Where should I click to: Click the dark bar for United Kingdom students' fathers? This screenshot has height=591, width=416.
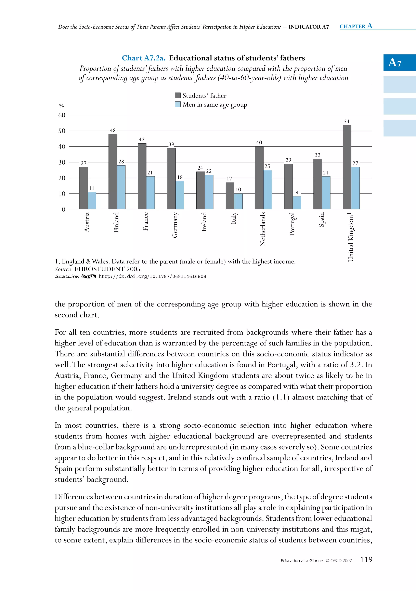point(347,167)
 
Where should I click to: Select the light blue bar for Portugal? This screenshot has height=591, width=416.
point(297,203)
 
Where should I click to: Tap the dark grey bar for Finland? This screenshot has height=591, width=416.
point(113,172)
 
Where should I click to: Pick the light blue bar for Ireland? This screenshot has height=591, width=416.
point(209,192)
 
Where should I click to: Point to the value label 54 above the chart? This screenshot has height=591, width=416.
point(347,121)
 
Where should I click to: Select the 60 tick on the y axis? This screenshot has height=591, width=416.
point(62,115)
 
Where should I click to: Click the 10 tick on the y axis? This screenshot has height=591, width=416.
point(62,194)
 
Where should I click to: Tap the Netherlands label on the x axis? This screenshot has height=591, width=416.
point(263,229)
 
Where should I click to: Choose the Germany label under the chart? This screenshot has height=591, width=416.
point(175,225)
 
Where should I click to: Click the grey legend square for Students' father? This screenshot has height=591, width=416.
point(178,95)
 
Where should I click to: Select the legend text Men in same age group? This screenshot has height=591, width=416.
point(215,105)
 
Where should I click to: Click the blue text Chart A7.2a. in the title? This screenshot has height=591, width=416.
point(143,58)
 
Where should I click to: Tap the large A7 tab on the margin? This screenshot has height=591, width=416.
point(395,63)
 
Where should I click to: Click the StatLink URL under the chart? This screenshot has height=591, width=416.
point(152,276)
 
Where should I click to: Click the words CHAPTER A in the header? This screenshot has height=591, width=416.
point(356,26)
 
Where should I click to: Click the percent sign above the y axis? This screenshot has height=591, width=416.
point(62,106)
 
